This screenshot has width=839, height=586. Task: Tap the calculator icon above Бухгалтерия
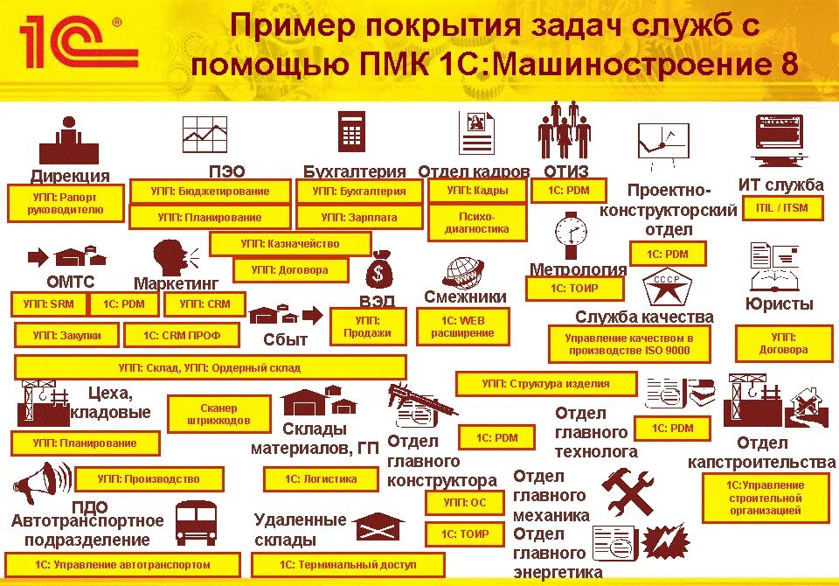[x=352, y=132]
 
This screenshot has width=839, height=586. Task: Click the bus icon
[x=195, y=523]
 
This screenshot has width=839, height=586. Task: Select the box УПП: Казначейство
[x=290, y=244]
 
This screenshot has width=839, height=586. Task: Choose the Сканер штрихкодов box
[x=218, y=415]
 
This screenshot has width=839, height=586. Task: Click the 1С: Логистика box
[x=321, y=479]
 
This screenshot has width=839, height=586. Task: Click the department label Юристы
[x=779, y=304]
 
